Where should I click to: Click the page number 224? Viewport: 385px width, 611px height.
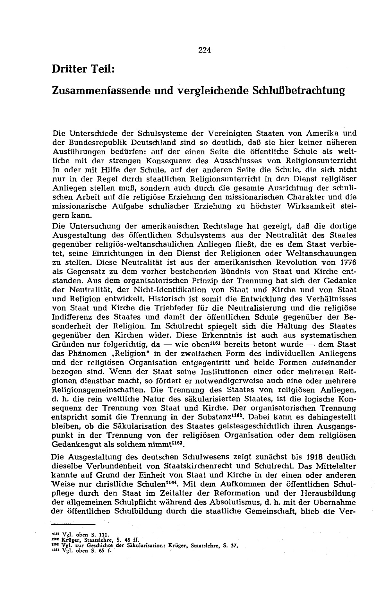tap(204, 50)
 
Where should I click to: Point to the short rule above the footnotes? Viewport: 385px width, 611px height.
tap(74, 525)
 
